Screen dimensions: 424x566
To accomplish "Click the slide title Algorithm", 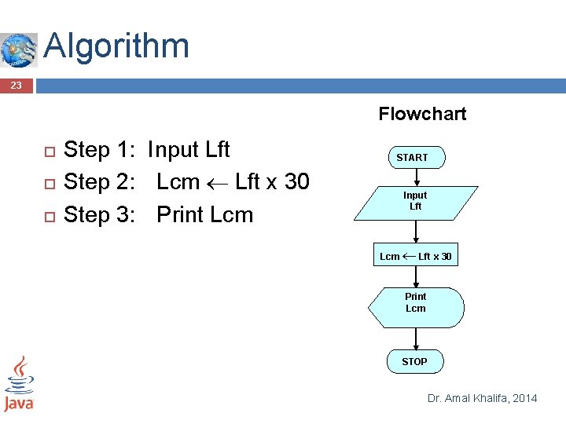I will click(116, 46).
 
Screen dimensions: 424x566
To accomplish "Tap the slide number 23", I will click(16, 85).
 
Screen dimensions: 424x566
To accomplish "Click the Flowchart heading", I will click(422, 114).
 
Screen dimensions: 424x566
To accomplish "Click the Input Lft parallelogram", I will click(415, 201).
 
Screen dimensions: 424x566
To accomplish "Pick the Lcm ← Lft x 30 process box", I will click(415, 257).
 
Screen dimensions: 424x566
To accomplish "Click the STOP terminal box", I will click(414, 361).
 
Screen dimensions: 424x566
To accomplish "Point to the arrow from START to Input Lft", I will click(415, 177).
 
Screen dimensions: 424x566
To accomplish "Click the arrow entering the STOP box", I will click(415, 338).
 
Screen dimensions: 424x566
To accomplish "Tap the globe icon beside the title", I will click(18, 49).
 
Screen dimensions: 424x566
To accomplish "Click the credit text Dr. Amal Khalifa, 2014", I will click(482, 398).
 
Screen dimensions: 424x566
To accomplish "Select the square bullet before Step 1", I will click(48, 151).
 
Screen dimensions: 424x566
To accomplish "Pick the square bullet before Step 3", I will click(48, 215).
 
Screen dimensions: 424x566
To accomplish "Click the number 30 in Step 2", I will click(296, 182).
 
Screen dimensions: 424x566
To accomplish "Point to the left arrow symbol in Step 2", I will click(217, 183).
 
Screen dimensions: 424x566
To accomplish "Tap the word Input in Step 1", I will click(173, 149).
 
